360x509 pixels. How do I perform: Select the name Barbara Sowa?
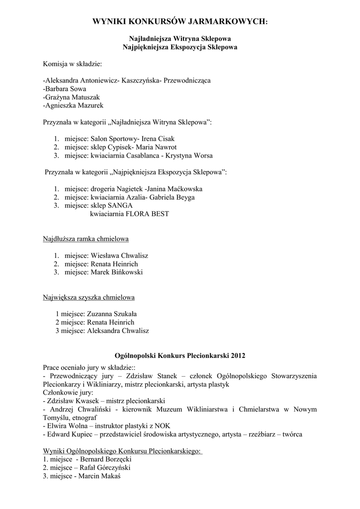coord(65,88)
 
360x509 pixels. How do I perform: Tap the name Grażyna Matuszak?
coord(69,96)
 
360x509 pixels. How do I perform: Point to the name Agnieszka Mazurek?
coord(75,105)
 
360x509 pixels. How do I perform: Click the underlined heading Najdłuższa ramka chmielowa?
coord(86,239)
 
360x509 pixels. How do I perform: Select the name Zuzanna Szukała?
coord(112,314)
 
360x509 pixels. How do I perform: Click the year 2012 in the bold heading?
coord(237,355)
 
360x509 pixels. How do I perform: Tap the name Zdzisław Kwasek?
coord(68,401)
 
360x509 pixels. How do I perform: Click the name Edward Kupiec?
coord(69,434)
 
